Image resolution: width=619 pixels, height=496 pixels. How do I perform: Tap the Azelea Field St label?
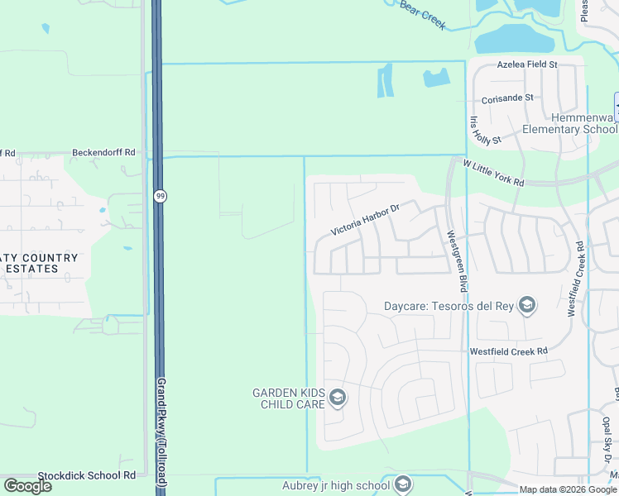coord(528,64)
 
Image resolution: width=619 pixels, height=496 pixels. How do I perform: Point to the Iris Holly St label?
coord(485,131)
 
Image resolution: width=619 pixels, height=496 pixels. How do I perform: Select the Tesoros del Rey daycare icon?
coord(526,307)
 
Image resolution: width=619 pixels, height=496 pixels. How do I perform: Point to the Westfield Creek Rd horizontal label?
coord(509,351)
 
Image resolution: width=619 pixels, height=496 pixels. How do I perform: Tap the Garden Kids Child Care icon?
coord(337,398)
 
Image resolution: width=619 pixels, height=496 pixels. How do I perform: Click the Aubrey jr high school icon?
coord(403,484)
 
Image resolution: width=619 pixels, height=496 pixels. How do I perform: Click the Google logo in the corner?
coord(27,485)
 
